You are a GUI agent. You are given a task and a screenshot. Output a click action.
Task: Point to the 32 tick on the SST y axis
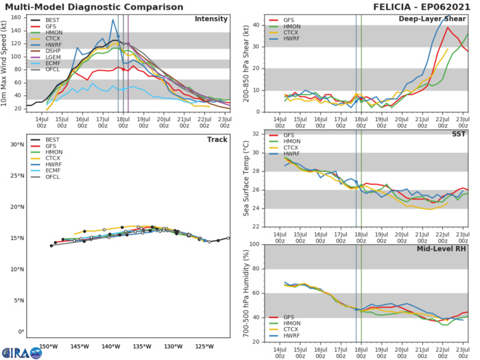coord(255,134)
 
